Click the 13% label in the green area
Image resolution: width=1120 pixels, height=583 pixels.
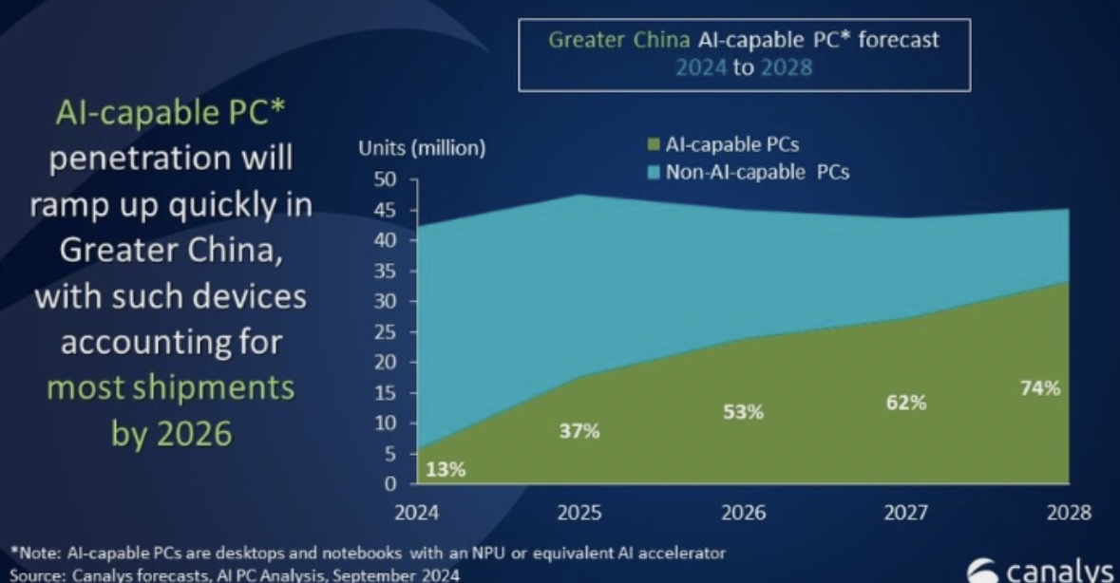445,469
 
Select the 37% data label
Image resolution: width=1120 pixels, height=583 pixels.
579,432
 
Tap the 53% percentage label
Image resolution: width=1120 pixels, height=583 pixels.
743,412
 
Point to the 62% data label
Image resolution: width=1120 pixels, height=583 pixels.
905,403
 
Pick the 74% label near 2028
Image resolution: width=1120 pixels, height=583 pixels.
1040,388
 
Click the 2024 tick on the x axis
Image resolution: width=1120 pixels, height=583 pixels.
417,512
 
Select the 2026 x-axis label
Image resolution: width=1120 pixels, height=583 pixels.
744,512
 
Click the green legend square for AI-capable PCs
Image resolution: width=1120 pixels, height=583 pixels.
653,145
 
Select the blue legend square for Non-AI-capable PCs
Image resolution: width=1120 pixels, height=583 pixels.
653,172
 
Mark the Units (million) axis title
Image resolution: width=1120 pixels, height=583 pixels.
422,147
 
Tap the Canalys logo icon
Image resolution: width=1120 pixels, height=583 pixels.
984,572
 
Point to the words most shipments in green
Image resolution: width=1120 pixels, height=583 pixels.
171,388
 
